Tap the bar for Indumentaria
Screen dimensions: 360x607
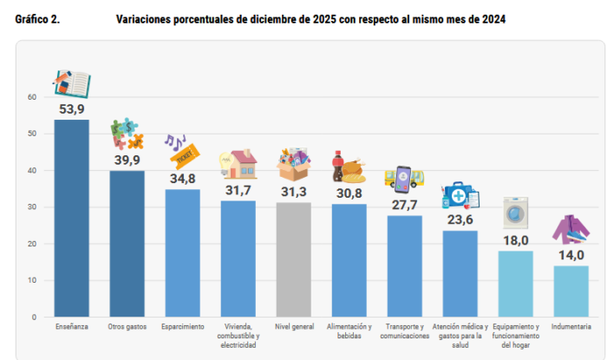point(571,291)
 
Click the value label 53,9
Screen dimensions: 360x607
point(71,109)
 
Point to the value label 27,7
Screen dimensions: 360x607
point(404,205)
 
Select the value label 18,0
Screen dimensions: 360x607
point(515,240)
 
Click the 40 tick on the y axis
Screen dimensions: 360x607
point(32,171)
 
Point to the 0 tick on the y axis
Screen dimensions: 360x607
point(35,317)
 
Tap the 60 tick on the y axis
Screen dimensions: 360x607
point(32,97)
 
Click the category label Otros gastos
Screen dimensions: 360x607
point(127,327)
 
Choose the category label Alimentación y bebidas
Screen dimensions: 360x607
point(349,331)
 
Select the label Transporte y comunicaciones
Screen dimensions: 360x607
point(404,331)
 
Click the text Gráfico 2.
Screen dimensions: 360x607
point(37,20)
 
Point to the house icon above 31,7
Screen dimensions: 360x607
point(239,164)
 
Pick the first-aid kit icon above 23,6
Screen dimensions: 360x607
point(460,196)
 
